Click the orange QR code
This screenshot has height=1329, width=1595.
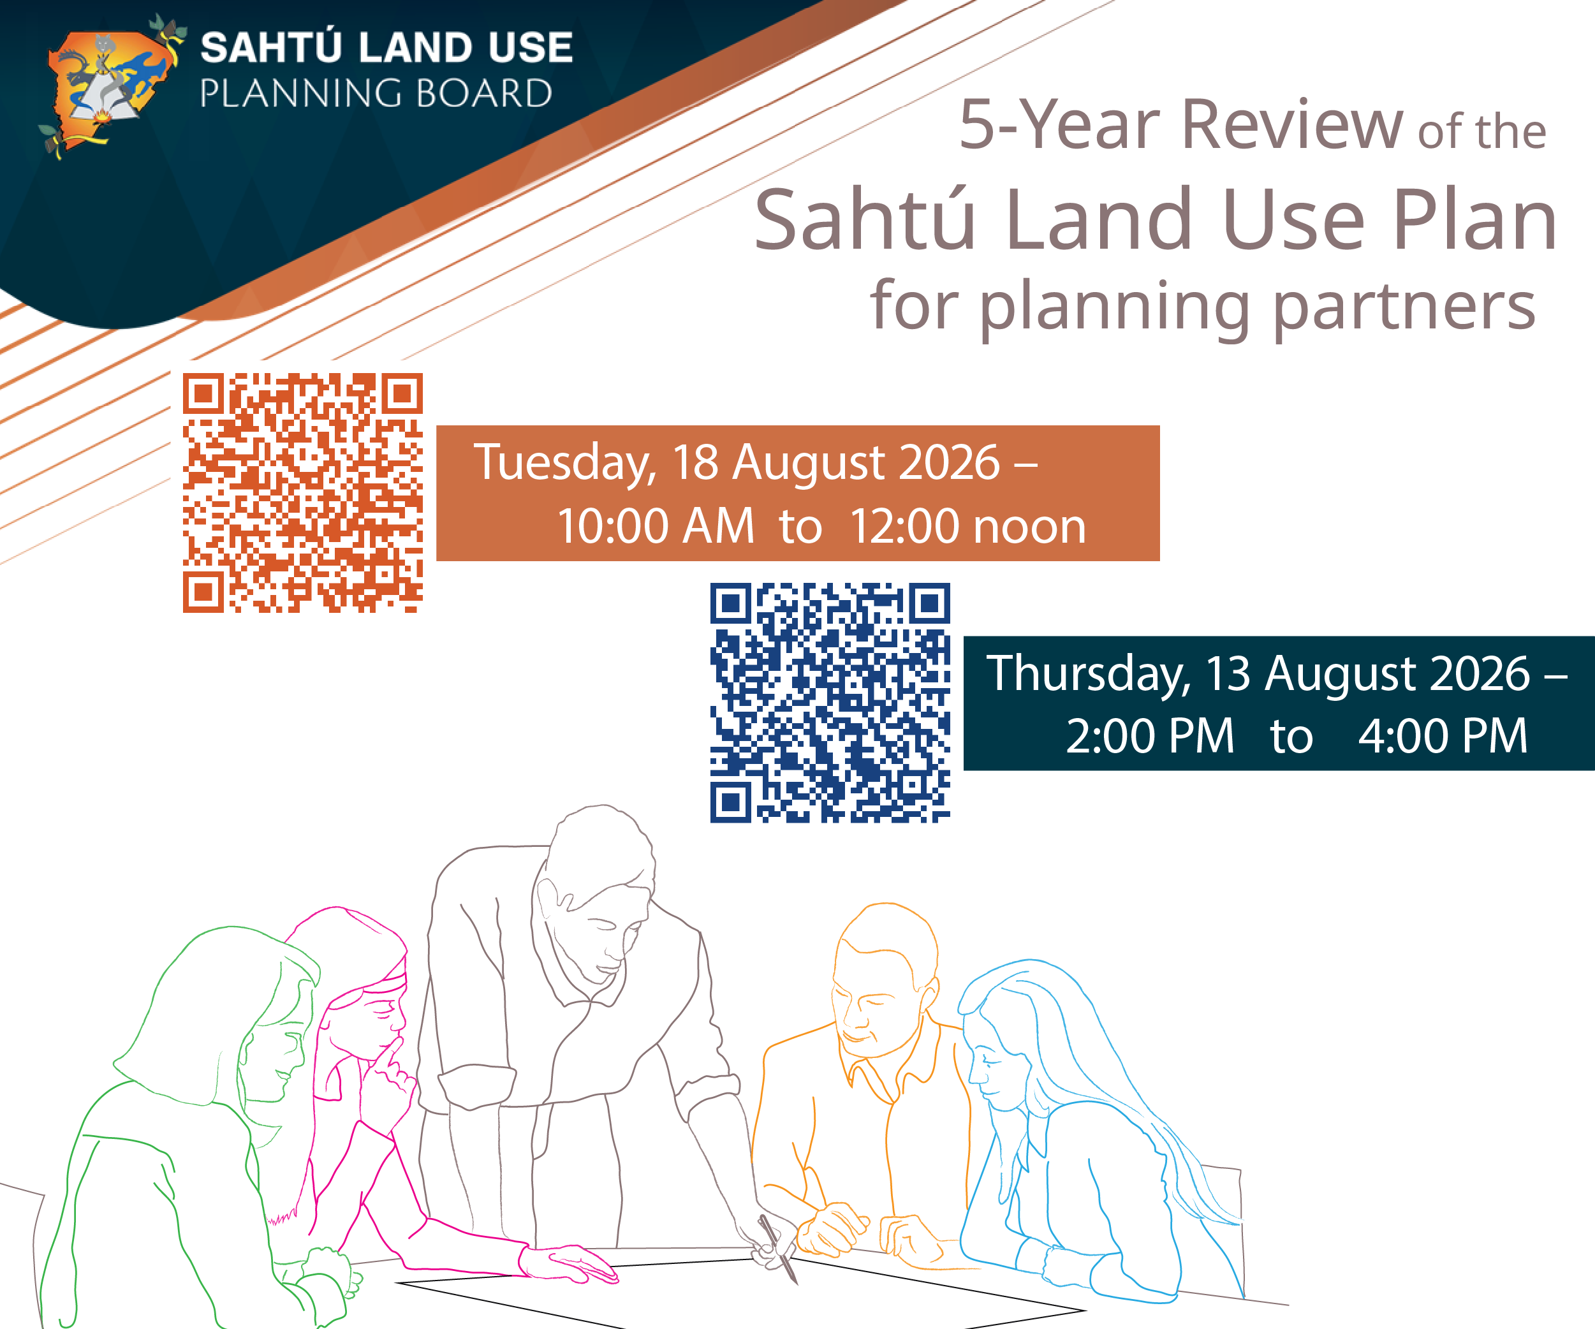click(x=302, y=492)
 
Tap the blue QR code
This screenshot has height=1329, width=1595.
click(x=830, y=703)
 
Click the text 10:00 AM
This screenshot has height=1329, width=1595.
click(x=656, y=525)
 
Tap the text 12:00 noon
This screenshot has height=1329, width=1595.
click(x=967, y=525)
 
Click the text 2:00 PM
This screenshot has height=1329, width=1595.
click(x=1150, y=736)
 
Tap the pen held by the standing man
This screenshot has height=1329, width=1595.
click(x=778, y=1249)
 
